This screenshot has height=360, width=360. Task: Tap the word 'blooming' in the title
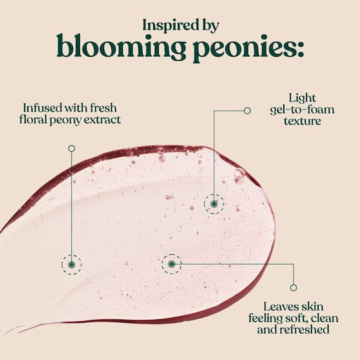[x=121, y=47]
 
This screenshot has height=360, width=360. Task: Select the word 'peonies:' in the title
[x=248, y=49]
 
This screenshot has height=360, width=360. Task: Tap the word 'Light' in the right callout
[x=302, y=99]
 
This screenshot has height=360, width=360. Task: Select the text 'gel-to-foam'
[x=302, y=110]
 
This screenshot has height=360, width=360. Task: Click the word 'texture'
[x=303, y=121]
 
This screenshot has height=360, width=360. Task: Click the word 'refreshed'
[x=305, y=329]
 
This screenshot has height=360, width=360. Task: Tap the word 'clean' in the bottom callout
[x=325, y=318]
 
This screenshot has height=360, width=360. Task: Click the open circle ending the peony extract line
[x=71, y=149]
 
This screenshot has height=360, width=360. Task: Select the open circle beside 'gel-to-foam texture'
[x=247, y=111]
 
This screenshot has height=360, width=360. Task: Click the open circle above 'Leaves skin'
[x=293, y=288]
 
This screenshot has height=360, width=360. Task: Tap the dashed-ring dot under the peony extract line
[x=71, y=265]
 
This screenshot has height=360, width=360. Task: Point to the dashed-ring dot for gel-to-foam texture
[x=214, y=204]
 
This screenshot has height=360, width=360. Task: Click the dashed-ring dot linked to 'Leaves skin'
[x=171, y=264]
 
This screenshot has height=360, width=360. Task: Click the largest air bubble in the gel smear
[x=239, y=173]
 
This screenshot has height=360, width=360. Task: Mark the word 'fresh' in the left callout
[x=103, y=108]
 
